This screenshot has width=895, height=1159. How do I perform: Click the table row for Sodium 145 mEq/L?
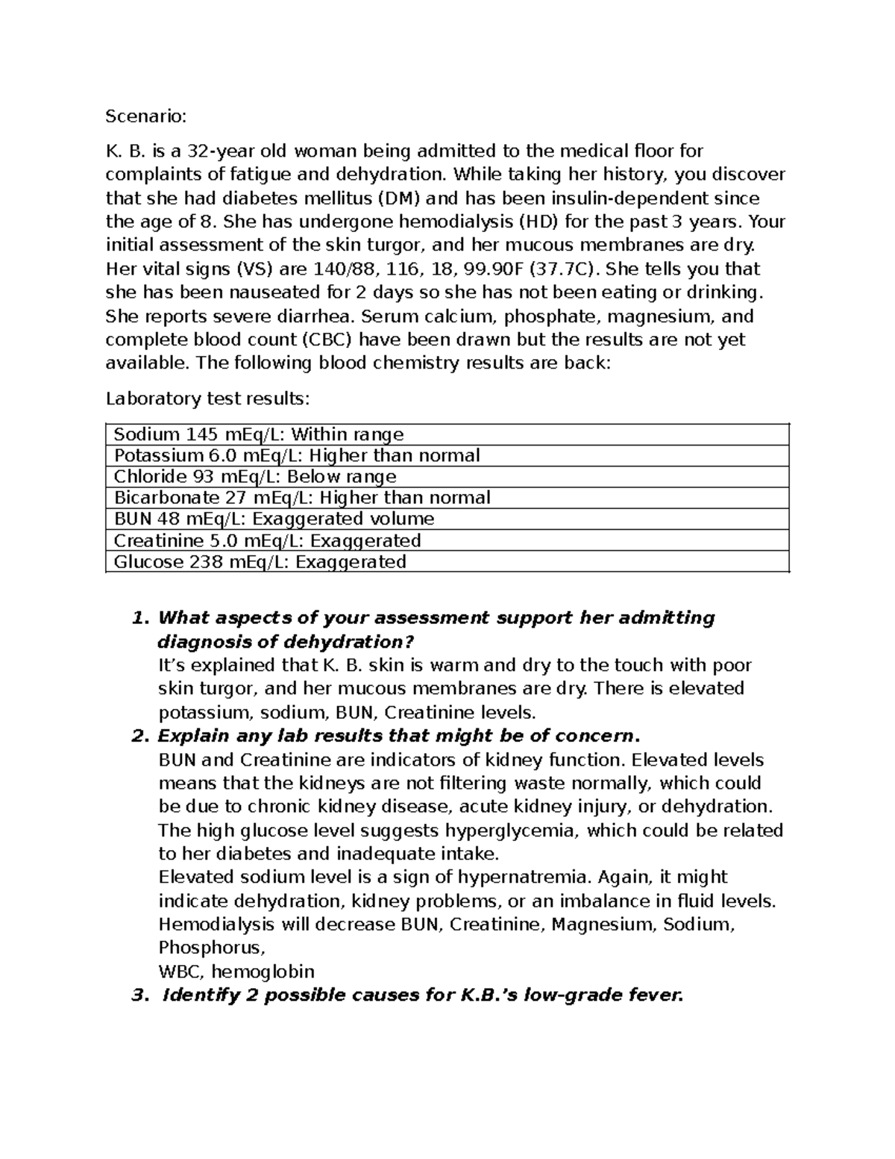[x=258, y=434]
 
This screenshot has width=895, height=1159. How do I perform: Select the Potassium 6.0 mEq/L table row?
[x=296, y=455]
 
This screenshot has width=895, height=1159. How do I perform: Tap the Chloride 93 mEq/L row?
[x=254, y=477]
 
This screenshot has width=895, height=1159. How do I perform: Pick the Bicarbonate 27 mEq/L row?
[x=301, y=498]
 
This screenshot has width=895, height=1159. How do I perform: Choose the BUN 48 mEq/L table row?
[x=273, y=519]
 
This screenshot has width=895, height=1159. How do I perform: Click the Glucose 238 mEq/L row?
[x=260, y=561]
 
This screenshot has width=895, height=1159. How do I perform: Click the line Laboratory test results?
[x=207, y=399]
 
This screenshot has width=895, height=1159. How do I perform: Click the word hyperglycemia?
[x=515, y=831]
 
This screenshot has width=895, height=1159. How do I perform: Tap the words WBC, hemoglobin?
[x=236, y=972]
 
